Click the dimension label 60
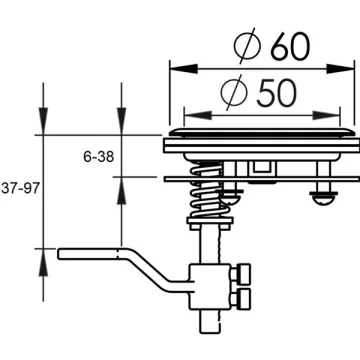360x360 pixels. [290, 47]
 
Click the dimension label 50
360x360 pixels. [276, 94]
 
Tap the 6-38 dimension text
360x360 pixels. [99, 156]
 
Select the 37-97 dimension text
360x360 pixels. [21, 189]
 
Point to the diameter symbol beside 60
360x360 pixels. [247, 46]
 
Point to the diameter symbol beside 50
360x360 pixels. [234, 92]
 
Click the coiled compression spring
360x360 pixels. [208, 189]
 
